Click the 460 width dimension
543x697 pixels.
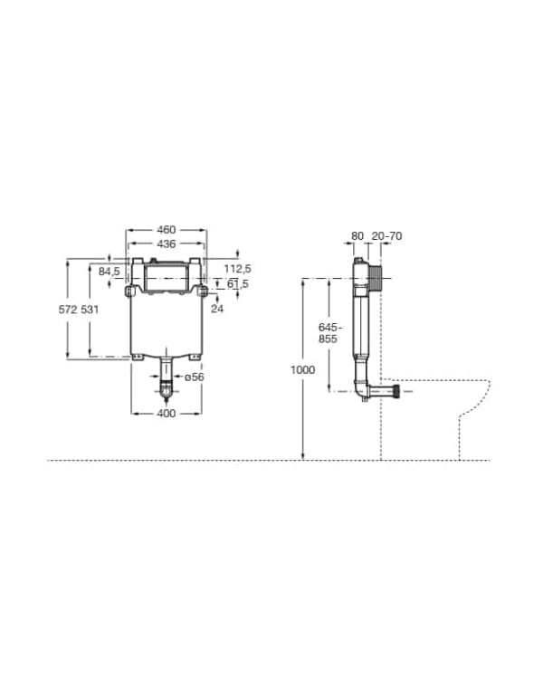click(x=167, y=230)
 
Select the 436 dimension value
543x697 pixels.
click(x=167, y=243)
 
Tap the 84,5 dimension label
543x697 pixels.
click(x=110, y=272)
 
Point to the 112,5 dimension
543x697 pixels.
click(x=237, y=269)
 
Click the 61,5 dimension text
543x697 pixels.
click(x=238, y=283)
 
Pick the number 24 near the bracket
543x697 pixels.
click(x=217, y=309)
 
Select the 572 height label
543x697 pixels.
click(x=68, y=310)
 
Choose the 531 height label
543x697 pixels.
click(x=90, y=310)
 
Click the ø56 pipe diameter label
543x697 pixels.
click(x=194, y=377)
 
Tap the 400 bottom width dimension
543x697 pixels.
click(x=167, y=414)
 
